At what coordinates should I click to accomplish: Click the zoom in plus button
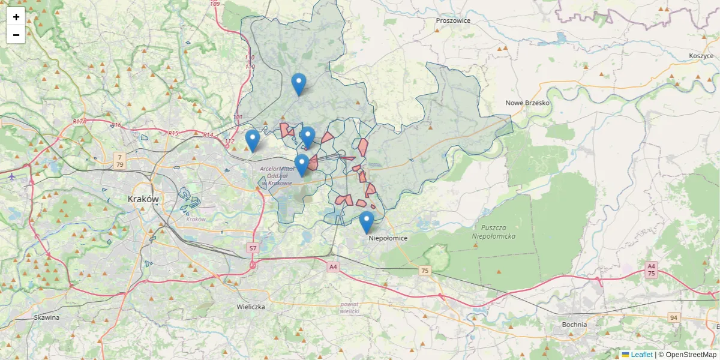tap(16, 17)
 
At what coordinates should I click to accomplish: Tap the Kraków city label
tap(143, 199)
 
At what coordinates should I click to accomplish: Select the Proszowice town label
tap(453, 20)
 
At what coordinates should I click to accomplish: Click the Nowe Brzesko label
tap(527, 103)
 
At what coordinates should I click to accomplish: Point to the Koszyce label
tap(701, 56)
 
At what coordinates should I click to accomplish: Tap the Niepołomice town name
tap(388, 238)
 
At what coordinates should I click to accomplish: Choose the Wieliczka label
tap(251, 307)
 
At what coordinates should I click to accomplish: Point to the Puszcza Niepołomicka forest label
tap(494, 232)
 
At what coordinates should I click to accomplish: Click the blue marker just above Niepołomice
tap(366, 223)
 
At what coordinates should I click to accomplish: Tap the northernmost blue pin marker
tap(298, 84)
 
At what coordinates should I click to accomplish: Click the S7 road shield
tap(253, 248)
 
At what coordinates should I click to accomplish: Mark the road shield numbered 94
tap(674, 317)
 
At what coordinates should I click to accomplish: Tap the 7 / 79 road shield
tap(120, 160)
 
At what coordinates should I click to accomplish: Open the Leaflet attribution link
tap(641, 355)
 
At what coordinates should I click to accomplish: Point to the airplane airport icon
tap(12, 176)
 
